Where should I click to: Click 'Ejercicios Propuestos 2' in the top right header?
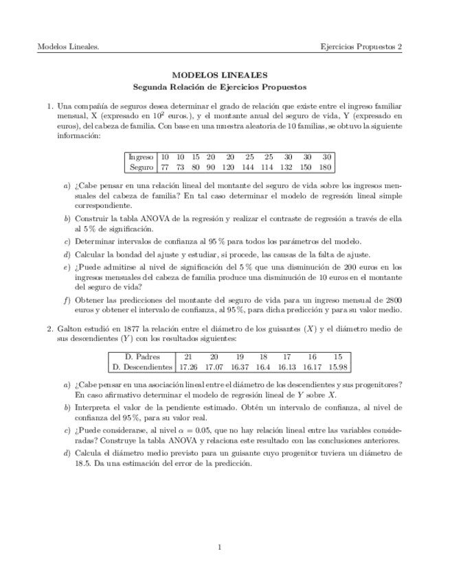click(361, 47)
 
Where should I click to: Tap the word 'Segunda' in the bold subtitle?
click(150, 87)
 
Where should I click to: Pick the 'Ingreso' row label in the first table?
click(141, 157)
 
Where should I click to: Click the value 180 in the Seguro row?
click(326, 167)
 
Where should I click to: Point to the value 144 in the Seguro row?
click(248, 167)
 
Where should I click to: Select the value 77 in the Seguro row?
click(165, 167)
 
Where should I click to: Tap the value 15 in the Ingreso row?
click(195, 157)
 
